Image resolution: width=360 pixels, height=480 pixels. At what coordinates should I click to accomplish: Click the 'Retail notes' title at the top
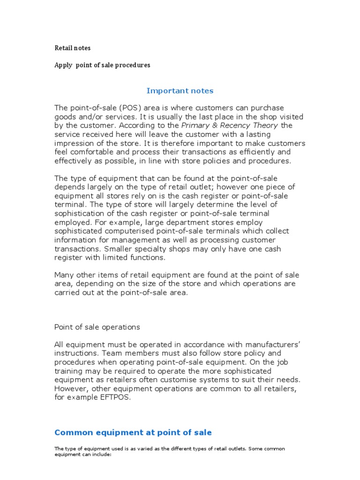(73, 48)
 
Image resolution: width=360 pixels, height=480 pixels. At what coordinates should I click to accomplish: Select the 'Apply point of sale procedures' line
(102, 65)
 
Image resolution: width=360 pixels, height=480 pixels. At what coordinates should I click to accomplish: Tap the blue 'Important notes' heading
(180, 90)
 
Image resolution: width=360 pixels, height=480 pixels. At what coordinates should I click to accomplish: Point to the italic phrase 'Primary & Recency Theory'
(229, 125)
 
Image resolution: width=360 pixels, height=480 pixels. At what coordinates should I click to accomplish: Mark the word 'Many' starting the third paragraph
(65, 275)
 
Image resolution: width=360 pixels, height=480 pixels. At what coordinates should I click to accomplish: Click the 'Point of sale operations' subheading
(97, 327)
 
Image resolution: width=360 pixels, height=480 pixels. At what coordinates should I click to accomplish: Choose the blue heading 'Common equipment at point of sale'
(133, 432)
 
